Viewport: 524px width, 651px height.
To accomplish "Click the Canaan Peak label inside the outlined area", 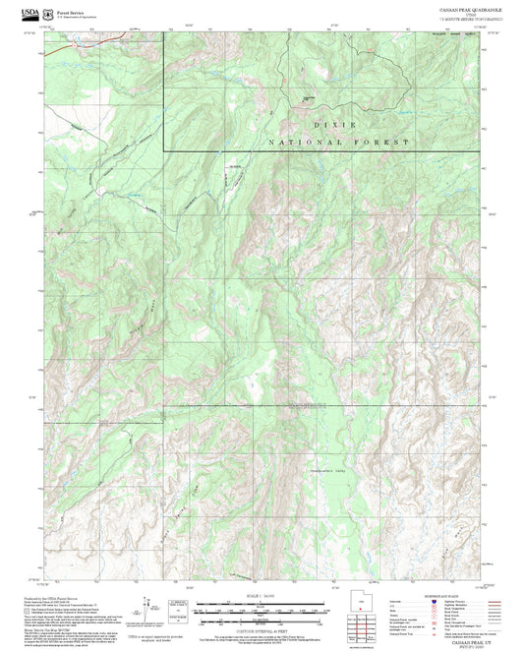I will point(309,97).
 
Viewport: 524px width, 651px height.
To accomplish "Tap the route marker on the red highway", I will point(126,36).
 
